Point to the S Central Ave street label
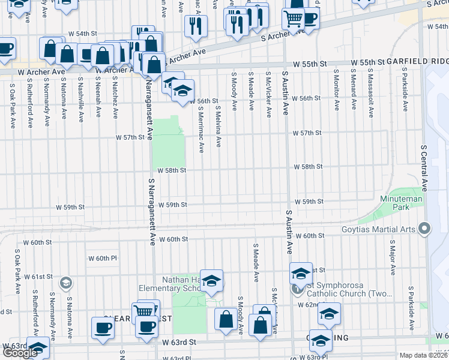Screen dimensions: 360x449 [x=424, y=167]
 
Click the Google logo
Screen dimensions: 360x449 [x=20, y=353]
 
